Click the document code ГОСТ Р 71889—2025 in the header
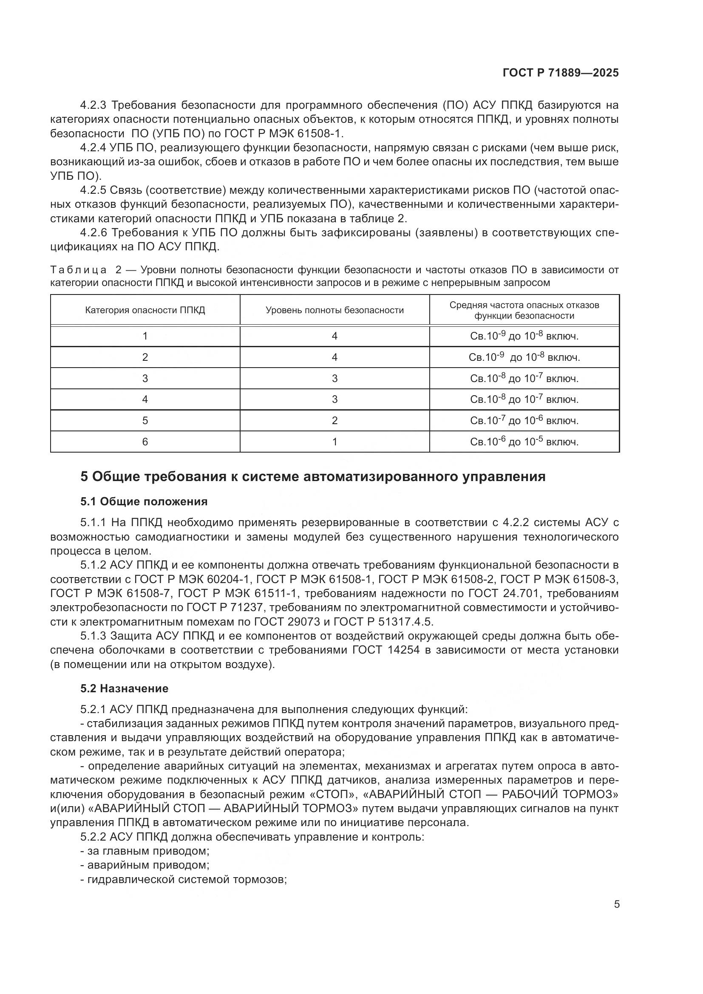click(561, 73)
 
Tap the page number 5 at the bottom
click(617, 904)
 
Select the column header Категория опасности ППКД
click(145, 310)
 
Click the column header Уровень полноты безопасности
click(334, 310)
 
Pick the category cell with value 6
click(145, 442)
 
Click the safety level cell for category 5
click(334, 421)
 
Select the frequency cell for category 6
click(524, 442)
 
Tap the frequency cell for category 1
click(524, 337)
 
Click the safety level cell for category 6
click(334, 442)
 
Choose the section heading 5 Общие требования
click(312, 477)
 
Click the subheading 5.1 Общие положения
click(144, 502)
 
